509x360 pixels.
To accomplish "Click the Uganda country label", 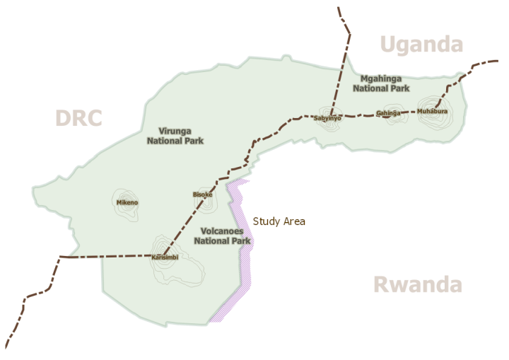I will tap(422, 45).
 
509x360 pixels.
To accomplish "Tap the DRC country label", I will tap(78, 118).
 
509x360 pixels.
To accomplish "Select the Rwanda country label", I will tap(417, 285).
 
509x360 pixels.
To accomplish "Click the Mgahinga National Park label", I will tap(381, 83).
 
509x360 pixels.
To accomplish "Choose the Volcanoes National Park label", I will tap(222, 236).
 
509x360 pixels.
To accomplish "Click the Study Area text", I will tap(279, 221).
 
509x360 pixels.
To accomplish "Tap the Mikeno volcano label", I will tap(127, 203).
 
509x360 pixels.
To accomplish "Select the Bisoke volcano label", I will tap(202, 194).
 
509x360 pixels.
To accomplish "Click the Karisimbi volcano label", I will tap(165, 257).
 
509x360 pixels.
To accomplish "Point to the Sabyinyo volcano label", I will tap(327, 118).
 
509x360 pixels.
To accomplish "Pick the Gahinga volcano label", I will tap(388, 113).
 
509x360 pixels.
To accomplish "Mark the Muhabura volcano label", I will tap(432, 112).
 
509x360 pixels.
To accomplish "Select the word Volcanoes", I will tap(222, 231).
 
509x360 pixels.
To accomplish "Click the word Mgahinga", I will tap(381, 79).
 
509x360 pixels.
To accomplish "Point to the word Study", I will tap(267, 221).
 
